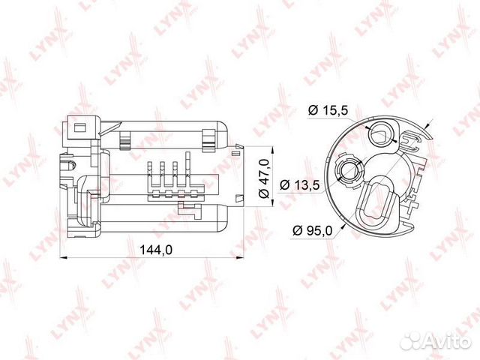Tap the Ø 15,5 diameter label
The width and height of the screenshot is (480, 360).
pos(328,110)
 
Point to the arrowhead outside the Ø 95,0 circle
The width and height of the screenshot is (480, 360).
pos(428,127)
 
